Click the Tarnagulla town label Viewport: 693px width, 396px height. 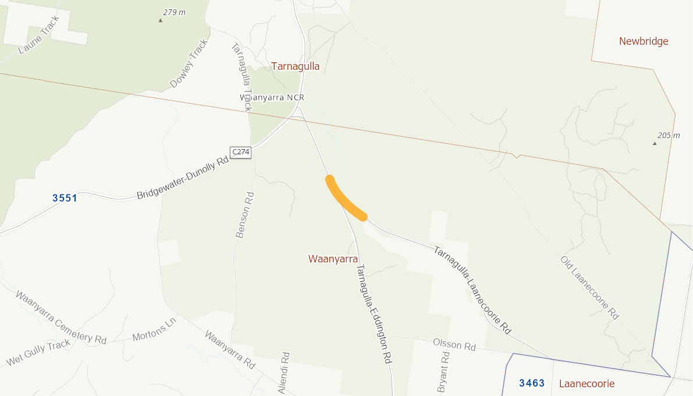(295, 66)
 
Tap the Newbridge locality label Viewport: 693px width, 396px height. (644, 41)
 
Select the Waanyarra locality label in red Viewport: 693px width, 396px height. (333, 259)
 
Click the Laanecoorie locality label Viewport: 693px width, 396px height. (587, 384)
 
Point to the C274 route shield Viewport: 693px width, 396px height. (240, 152)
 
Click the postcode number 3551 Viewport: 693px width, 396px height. (65, 198)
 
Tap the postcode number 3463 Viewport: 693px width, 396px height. (532, 383)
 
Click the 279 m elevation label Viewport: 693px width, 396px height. (175, 13)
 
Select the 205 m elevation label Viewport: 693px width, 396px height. (669, 135)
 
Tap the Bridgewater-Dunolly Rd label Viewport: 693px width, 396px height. (182, 178)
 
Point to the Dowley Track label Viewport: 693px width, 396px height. (189, 63)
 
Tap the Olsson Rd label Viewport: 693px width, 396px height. (454, 345)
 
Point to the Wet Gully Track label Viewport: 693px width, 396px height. (38, 352)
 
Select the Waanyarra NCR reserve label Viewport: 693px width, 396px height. (272, 97)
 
